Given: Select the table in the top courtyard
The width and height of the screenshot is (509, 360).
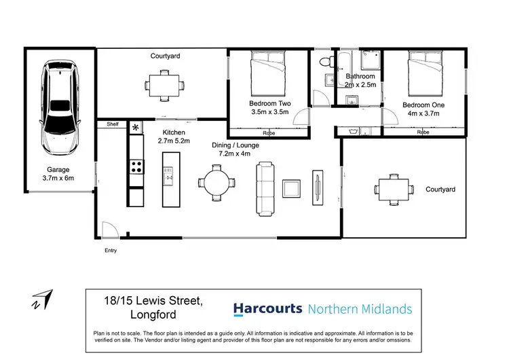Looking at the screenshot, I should [x=164, y=85].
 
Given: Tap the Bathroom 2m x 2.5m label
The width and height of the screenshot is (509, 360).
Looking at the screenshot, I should [x=359, y=81].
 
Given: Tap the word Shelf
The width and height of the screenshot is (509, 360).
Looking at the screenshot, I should [x=113, y=124].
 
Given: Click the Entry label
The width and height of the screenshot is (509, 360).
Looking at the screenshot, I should [x=110, y=251].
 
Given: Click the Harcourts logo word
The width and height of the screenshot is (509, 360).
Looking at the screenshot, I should [x=267, y=309].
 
